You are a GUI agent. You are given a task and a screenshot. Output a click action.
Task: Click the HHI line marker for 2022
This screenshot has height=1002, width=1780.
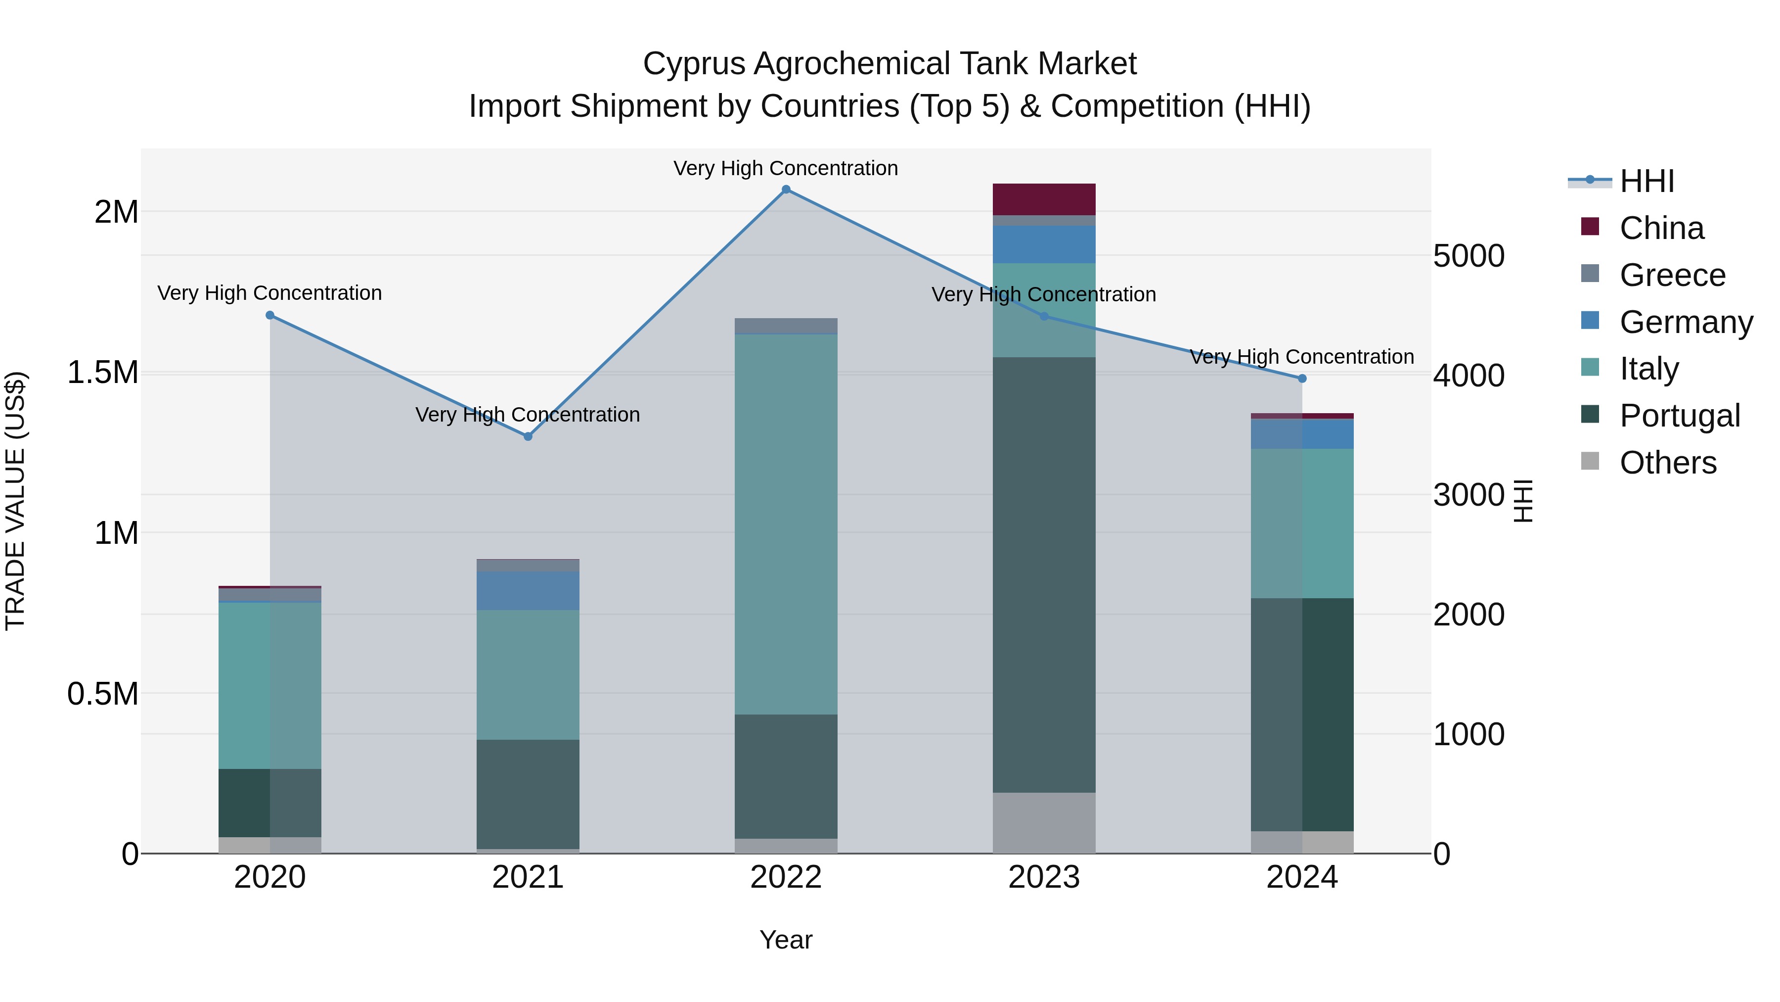786,190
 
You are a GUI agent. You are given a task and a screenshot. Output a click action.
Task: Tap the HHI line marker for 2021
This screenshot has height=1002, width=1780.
528,436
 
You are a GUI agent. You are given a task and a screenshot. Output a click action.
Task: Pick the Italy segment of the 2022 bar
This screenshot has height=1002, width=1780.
786,524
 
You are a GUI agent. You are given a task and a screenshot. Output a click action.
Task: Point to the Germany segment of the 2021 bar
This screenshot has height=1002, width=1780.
528,590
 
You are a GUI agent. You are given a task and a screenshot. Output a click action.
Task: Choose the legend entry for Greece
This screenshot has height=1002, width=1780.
1672,275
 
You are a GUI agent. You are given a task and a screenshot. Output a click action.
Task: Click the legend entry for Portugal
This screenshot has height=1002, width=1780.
1679,416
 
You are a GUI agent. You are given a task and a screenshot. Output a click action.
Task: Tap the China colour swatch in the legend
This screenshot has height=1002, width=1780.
1590,227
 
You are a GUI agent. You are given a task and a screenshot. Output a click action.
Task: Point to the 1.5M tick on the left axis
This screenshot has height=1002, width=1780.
102,373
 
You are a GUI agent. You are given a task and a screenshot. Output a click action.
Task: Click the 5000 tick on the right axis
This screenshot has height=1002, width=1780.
1468,256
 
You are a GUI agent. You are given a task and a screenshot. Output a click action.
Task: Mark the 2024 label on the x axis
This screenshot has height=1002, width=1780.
1302,877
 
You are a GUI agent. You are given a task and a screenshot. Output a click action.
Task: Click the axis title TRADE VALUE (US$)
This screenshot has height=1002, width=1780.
15,501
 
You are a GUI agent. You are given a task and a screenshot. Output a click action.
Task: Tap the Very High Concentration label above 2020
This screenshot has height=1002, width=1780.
269,293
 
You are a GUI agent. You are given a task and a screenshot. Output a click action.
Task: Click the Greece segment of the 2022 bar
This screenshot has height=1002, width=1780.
786,326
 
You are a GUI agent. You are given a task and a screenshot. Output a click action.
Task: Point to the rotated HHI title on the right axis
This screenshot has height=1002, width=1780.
1523,501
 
